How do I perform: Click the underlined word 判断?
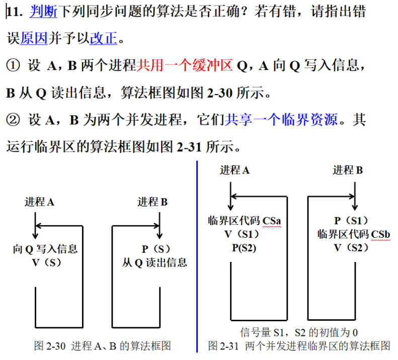click(43, 12)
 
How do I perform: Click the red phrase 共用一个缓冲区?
click(184, 65)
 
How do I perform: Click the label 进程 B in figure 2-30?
click(152, 202)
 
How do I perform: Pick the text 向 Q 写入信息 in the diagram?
click(45, 249)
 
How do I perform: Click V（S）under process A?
click(46, 262)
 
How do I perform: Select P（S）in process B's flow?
click(156, 249)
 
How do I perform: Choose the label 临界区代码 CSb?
click(353, 234)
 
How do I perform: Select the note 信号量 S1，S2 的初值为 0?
click(299, 332)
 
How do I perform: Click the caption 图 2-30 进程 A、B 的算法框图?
click(103, 346)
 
